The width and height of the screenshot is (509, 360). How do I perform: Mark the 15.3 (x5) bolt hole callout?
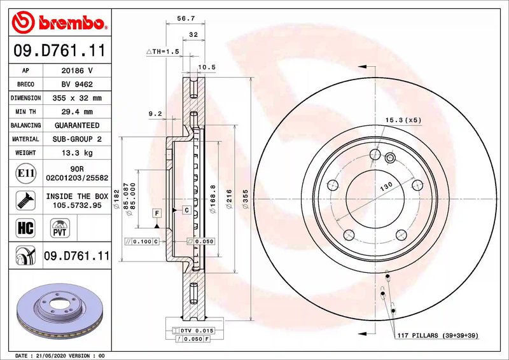tap(403, 120)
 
